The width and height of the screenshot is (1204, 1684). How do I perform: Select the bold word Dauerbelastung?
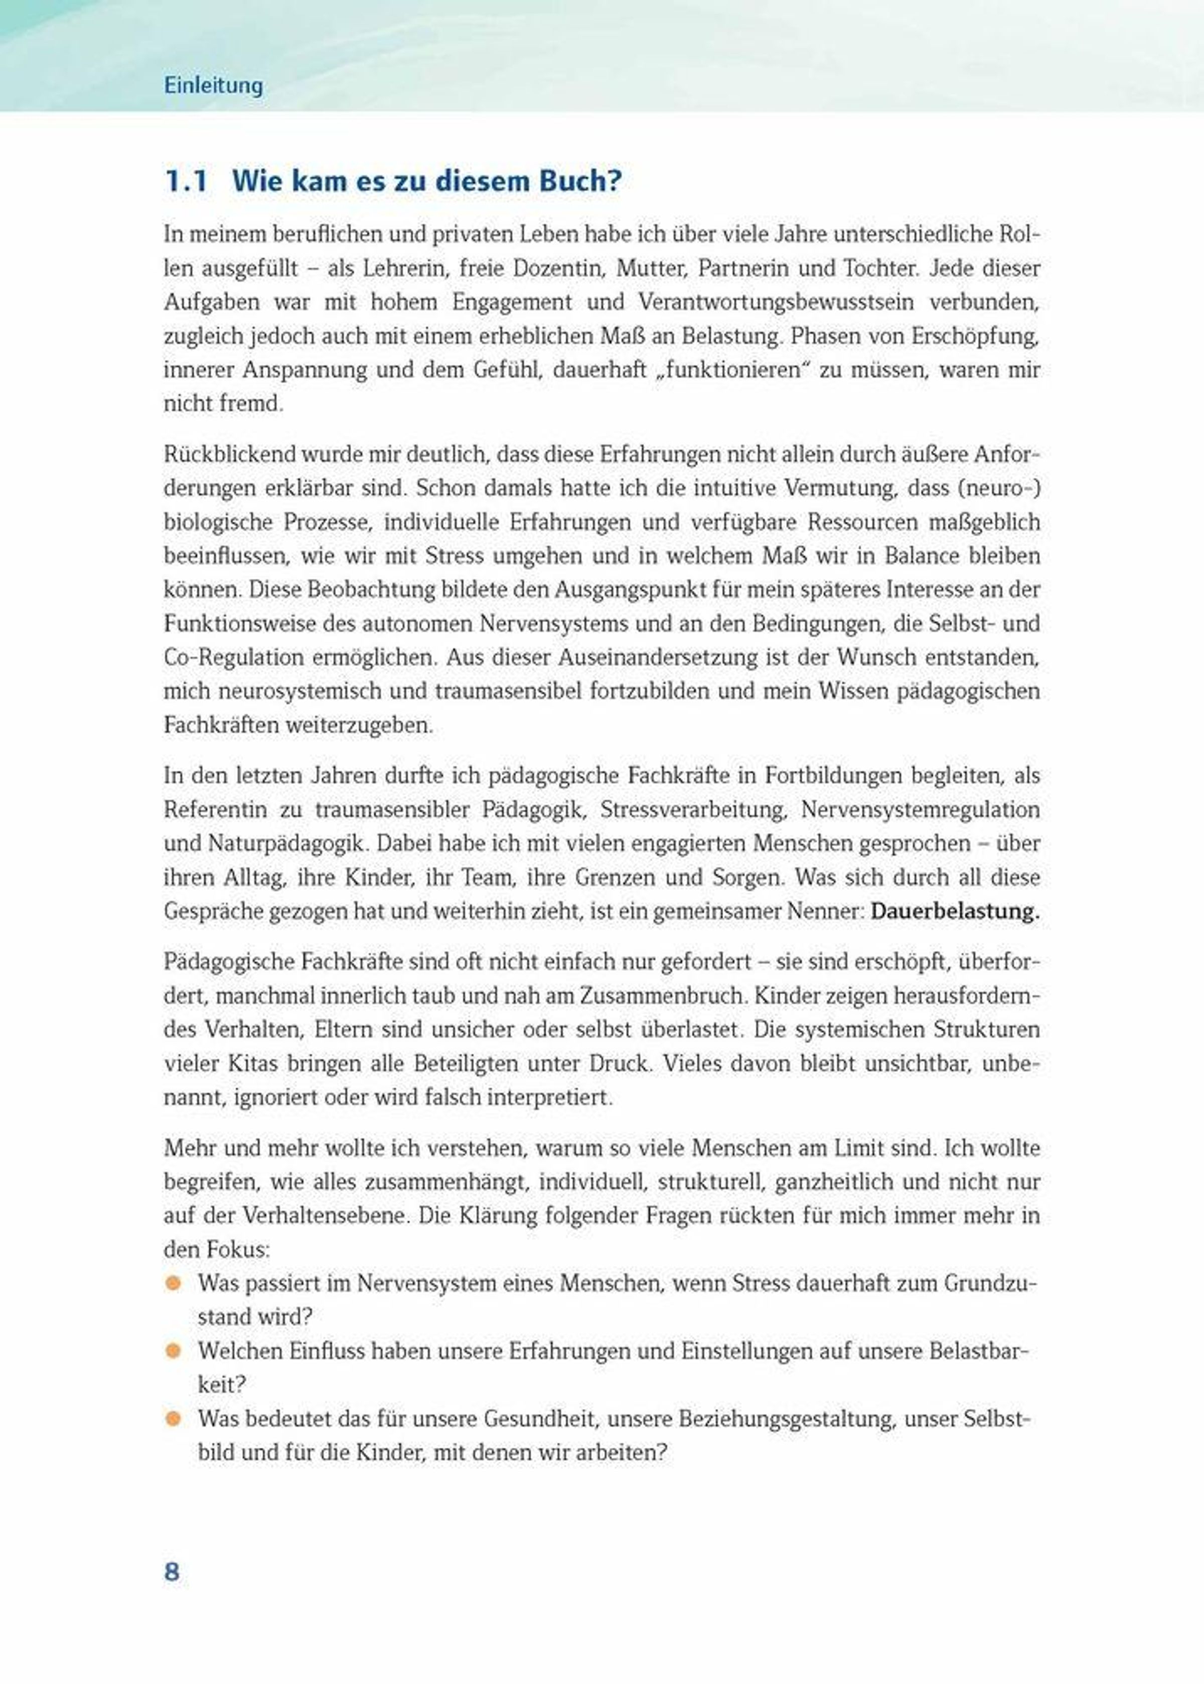pos(955,911)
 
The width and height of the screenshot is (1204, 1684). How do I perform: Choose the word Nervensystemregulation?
pos(920,809)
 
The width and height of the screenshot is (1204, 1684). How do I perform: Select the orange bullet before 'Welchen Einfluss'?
pos(174,1350)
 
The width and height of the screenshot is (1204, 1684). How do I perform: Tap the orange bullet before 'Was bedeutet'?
pos(174,1419)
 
